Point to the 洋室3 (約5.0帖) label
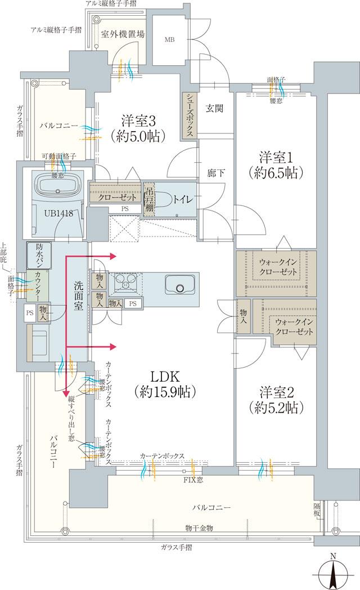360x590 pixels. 138,127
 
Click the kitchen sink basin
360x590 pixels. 180,286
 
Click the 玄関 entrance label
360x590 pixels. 214,108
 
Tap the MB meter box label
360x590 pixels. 169,40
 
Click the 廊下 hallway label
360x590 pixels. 216,173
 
